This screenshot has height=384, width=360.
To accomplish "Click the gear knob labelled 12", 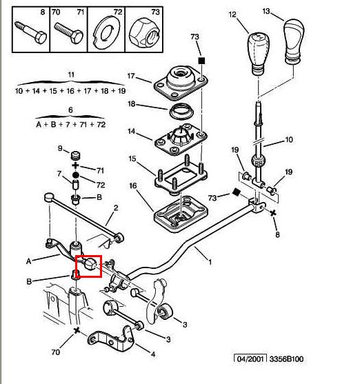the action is (x=257, y=52).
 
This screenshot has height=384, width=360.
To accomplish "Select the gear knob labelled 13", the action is (x=294, y=41).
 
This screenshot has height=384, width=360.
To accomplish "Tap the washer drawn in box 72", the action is (x=106, y=32).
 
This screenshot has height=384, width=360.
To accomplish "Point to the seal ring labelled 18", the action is (x=181, y=112).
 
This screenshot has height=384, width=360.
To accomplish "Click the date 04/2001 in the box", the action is (x=250, y=359).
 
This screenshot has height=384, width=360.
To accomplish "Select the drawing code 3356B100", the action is (x=286, y=359).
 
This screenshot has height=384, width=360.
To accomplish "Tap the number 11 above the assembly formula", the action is (x=71, y=74).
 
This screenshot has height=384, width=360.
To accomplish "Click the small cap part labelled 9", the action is (x=76, y=155).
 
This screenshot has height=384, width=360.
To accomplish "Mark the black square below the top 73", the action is (x=201, y=61).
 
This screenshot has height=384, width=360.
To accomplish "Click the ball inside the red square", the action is (x=90, y=264).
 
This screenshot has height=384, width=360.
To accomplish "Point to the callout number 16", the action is (x=133, y=185).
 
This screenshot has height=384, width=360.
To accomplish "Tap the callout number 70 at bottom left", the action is (x=56, y=352).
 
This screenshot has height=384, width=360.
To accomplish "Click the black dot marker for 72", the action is (x=76, y=175).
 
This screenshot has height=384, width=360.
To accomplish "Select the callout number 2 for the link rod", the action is (x=116, y=208).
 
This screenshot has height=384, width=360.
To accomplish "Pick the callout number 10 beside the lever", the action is (x=289, y=139).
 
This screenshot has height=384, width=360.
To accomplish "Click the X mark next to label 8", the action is (x=273, y=213).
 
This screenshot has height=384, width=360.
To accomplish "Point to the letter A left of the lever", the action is (x=29, y=261).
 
